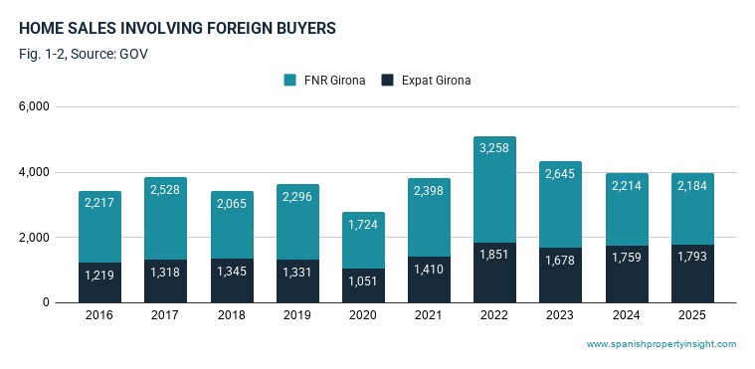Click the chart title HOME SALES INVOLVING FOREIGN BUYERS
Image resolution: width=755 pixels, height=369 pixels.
pyautogui.click(x=177, y=29)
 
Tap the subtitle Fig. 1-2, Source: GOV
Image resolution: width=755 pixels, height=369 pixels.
pyautogui.click(x=84, y=54)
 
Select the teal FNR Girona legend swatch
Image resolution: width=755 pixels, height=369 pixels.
pyautogui.click(x=289, y=80)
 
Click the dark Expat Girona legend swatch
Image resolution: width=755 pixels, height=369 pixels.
pyautogui.click(x=387, y=80)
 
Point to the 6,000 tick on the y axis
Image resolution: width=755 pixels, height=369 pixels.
pyautogui.click(x=36, y=106)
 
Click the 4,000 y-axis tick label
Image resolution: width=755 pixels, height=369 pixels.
pyautogui.click(x=36, y=172)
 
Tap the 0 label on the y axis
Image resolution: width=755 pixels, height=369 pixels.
pyautogui.click(x=46, y=302)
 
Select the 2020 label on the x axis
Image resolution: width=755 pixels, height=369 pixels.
pyautogui.click(x=362, y=315)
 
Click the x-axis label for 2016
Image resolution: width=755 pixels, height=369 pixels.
pyautogui.click(x=99, y=315)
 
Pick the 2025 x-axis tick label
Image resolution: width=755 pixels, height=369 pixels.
pyautogui.click(x=692, y=315)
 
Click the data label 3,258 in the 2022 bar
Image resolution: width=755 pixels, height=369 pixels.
pyautogui.click(x=494, y=148)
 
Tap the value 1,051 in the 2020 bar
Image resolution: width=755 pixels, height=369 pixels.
pyautogui.click(x=362, y=280)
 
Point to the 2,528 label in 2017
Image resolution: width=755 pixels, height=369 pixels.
pyautogui.click(x=165, y=189)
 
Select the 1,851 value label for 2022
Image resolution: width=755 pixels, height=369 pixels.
pyautogui.click(x=494, y=254)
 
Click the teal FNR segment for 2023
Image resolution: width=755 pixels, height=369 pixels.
pyautogui.click(x=560, y=205)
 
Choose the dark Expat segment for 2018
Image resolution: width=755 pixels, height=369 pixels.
pyautogui.click(x=232, y=280)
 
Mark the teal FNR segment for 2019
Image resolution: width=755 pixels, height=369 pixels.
pyautogui.click(x=297, y=222)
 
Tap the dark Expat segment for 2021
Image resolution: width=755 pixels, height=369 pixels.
pyautogui.click(x=429, y=279)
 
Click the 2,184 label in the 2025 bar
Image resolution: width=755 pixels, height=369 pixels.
pyautogui.click(x=692, y=185)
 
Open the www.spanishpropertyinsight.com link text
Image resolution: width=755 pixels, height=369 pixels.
pyautogui.click(x=661, y=344)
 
